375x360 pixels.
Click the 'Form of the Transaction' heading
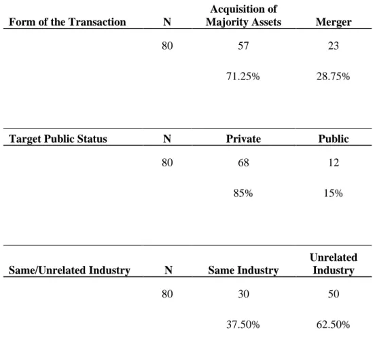(67, 22)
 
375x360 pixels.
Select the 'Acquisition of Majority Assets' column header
(243, 16)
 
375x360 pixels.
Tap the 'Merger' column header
(334, 22)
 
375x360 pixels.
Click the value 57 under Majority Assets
(243, 46)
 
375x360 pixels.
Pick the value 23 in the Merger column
(334, 46)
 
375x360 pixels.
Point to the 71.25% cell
(243, 77)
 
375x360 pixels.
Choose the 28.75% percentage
(333, 77)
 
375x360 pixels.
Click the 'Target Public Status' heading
(58, 139)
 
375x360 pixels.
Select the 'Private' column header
(243, 139)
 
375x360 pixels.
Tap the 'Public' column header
(334, 139)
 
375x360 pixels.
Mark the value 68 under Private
(243, 162)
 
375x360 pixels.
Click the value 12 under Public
(334, 162)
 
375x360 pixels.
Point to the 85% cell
(243, 193)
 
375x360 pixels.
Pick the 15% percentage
(333, 193)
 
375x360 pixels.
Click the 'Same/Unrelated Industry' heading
(69, 270)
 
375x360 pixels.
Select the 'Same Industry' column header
(243, 270)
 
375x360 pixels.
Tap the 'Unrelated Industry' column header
(334, 264)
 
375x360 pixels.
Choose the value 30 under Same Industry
(243, 294)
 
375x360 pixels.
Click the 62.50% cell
(333, 325)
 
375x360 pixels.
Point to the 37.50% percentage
(243, 325)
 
